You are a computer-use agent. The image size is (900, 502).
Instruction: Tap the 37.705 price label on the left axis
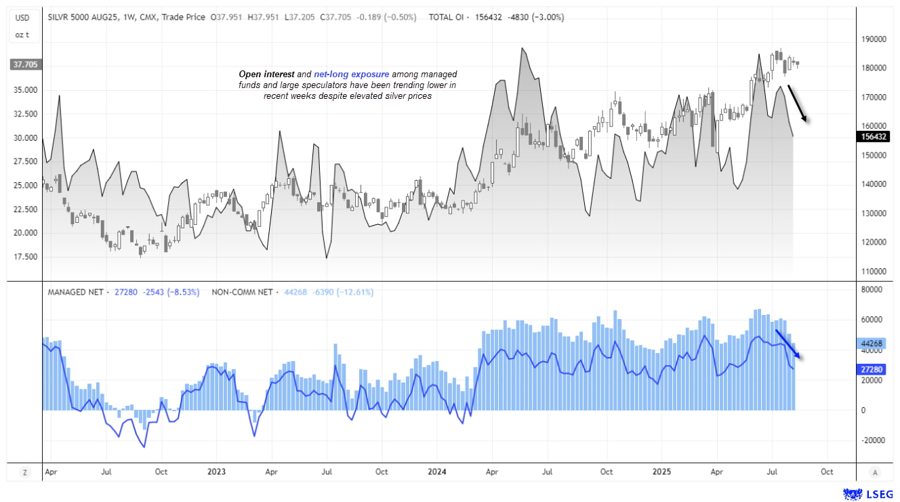pos(25,65)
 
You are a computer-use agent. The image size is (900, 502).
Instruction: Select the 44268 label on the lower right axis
pos(873,343)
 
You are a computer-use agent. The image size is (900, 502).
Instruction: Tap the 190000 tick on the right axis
pos(873,39)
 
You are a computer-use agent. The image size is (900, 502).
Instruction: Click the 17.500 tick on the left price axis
pos(24,257)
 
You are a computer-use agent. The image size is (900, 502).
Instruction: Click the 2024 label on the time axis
pos(436,472)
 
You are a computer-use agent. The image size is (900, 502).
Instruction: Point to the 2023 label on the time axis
pos(216,472)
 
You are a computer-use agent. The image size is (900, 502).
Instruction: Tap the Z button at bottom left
pos(24,472)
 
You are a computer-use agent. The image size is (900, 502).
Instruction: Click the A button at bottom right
pos(875,472)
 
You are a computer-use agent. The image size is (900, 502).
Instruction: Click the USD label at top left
pos(23,17)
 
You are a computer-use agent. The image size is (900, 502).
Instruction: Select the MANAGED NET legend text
pos(75,292)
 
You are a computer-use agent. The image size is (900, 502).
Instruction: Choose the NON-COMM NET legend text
pos(242,292)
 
